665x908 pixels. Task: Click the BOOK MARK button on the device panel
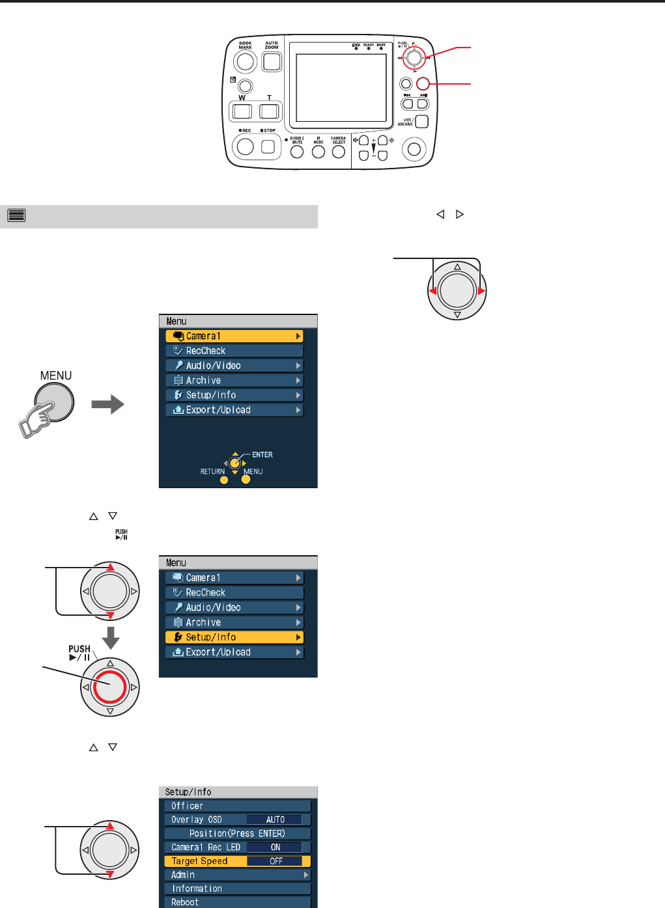[245, 62]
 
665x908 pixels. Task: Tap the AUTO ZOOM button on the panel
[272, 62]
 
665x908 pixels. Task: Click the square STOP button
[268, 147]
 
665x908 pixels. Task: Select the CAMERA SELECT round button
[339, 152]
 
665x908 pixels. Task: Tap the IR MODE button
[318, 152]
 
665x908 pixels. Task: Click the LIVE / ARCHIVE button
[421, 122]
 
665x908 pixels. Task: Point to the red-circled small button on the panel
[423, 83]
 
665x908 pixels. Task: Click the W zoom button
[242, 111]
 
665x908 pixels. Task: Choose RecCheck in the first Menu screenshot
[234, 351]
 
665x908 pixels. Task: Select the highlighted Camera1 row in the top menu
[234, 336]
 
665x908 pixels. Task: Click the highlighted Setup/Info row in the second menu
[234, 637]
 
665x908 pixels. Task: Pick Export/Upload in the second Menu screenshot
[234, 652]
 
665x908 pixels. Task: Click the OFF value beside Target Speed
[276, 861]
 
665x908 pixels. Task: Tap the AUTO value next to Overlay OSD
[275, 819]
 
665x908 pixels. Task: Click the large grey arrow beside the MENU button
[107, 405]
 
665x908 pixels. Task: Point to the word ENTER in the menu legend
[262, 455]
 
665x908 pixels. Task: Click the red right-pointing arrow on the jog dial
[481, 292]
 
